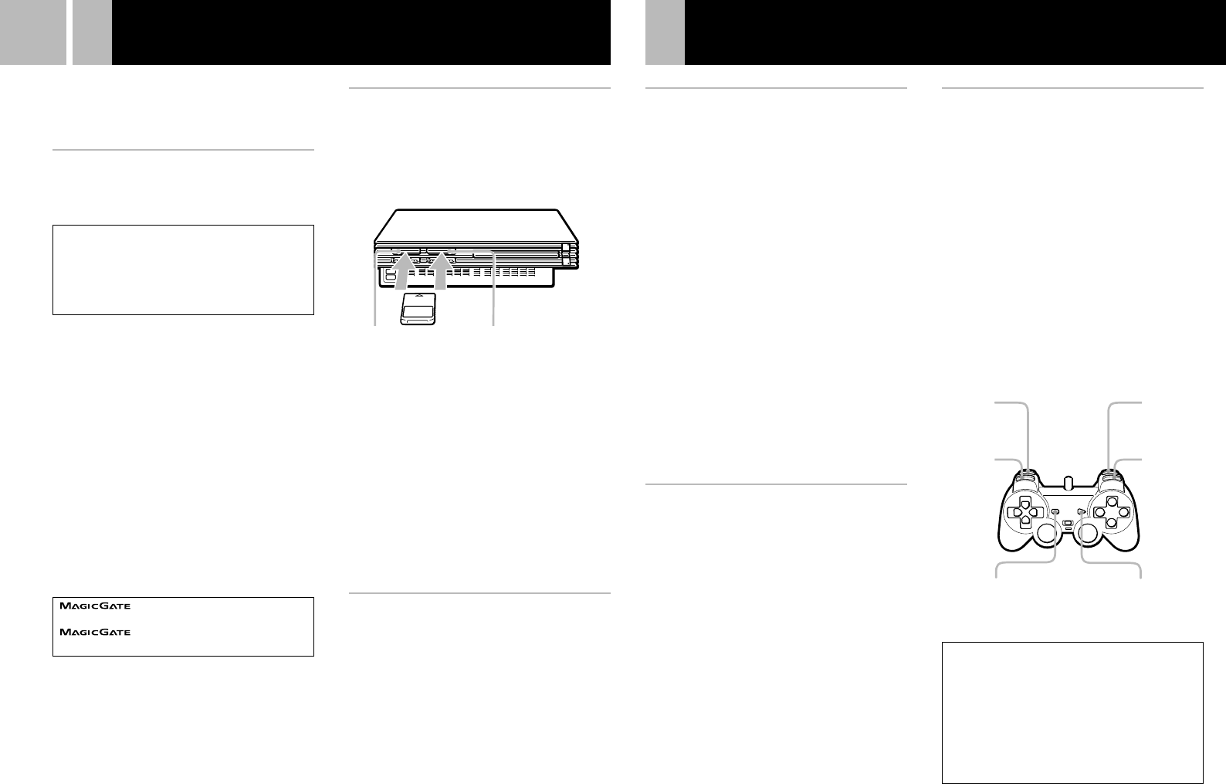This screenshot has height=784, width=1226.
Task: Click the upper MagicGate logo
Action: pyautogui.click(x=95, y=606)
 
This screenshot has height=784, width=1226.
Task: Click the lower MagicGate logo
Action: pyautogui.click(x=95, y=633)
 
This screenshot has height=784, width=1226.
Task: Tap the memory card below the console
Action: pyautogui.click(x=419, y=310)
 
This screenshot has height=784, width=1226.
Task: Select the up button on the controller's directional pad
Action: pyautogui.click(x=1025, y=502)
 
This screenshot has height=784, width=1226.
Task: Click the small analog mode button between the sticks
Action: pyautogui.click(x=1067, y=524)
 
